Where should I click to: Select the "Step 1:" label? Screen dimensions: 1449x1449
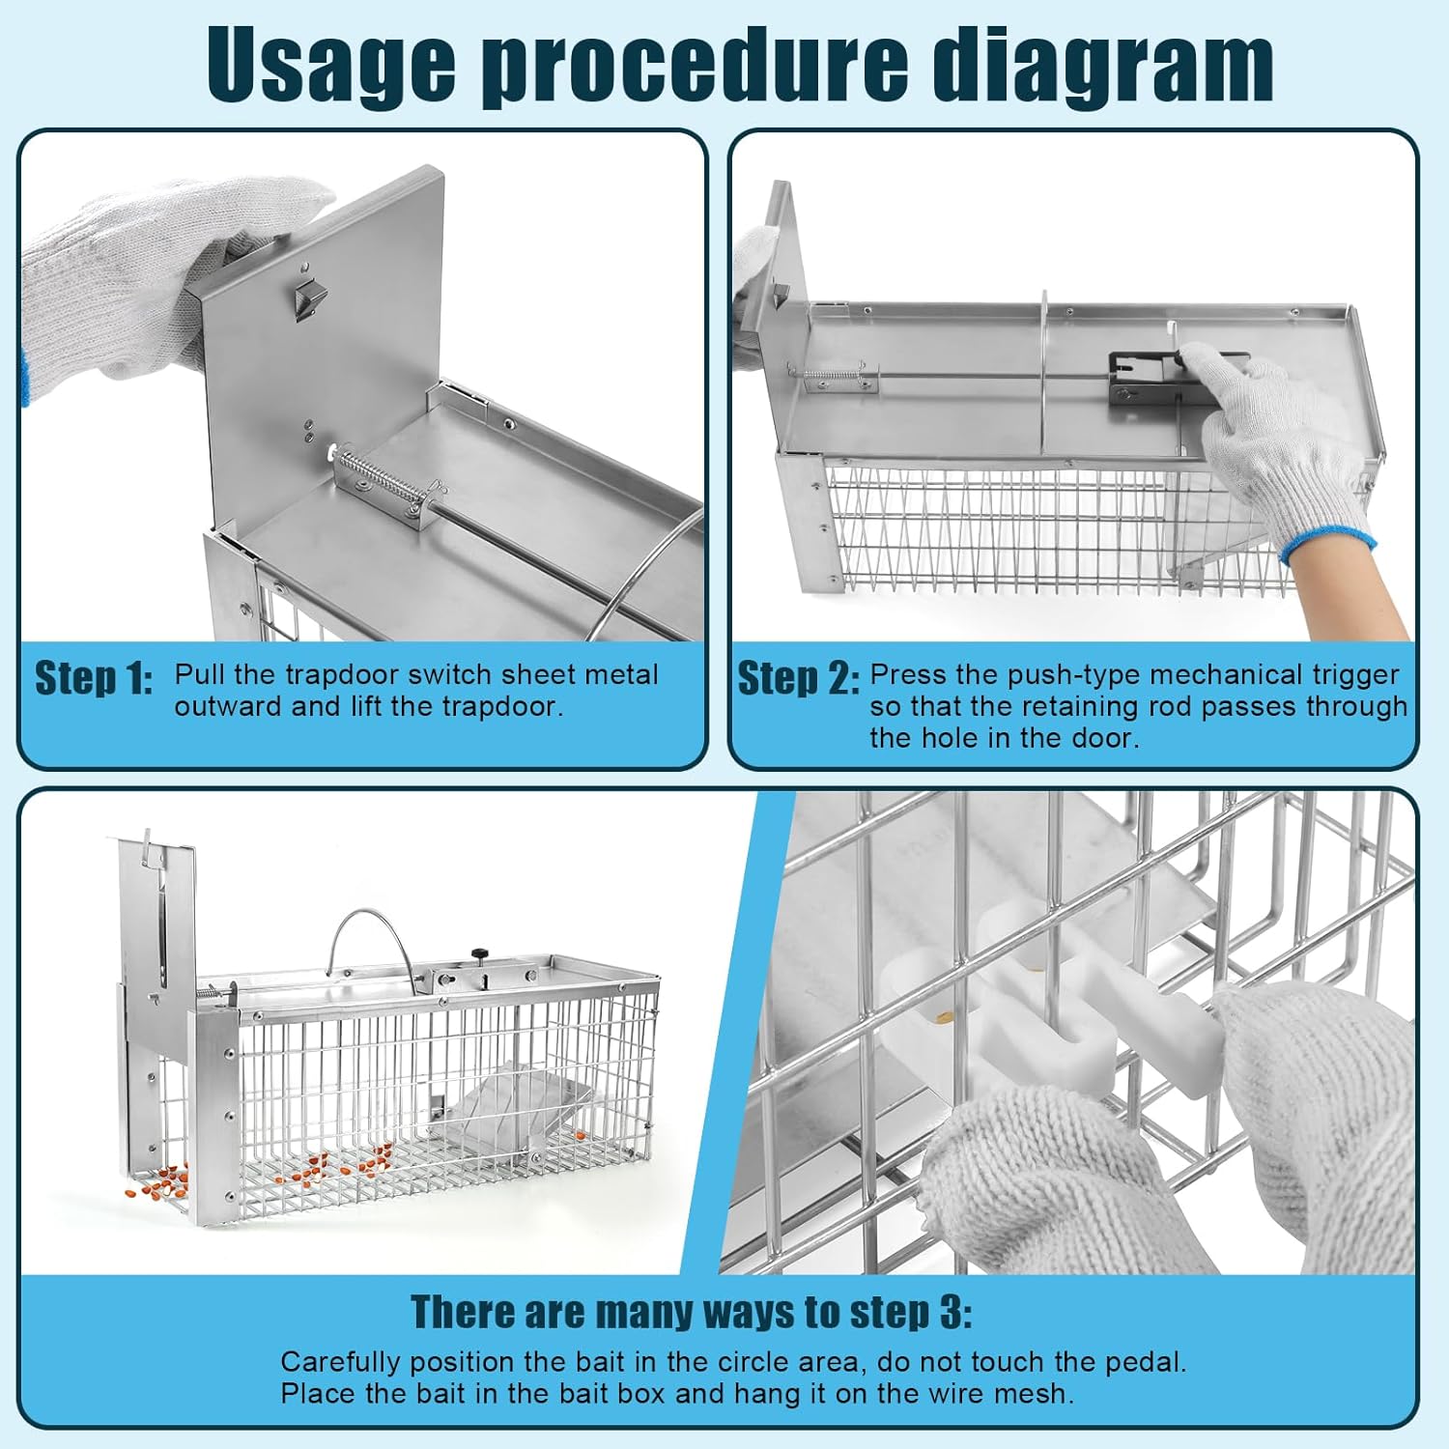93,678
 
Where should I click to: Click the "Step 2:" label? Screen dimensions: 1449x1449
797,678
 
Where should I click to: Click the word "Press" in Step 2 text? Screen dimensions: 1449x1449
908,674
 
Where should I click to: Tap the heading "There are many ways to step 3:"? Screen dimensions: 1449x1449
691,1312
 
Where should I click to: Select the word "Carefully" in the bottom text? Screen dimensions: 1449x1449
340,1362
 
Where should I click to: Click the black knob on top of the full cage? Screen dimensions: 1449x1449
480,954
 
